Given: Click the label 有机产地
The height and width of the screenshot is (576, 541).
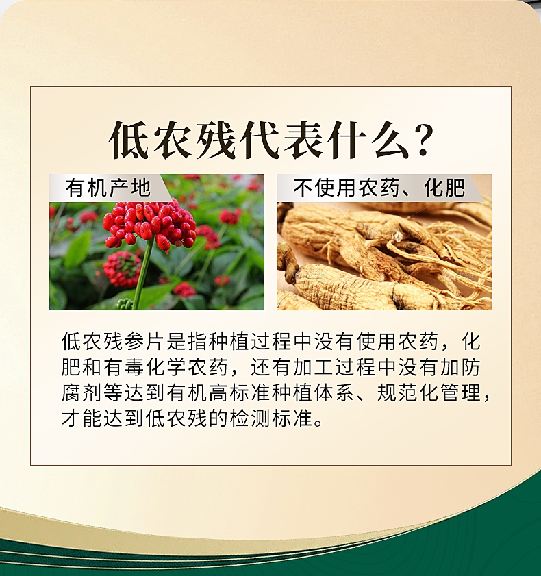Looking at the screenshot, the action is [108, 188].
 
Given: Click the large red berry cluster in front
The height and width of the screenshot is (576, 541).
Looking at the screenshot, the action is [150, 224].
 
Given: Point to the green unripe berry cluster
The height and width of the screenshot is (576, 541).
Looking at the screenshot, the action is [125, 304].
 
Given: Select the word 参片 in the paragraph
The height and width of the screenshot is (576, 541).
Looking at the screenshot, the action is [135, 341].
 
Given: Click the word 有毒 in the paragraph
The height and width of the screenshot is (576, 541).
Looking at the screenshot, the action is [125, 367].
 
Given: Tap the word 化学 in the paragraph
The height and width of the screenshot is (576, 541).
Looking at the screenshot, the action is [166, 367].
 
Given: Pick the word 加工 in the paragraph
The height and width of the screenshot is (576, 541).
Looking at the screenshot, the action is [314, 367].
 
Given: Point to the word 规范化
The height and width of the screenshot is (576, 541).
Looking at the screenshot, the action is [408, 392].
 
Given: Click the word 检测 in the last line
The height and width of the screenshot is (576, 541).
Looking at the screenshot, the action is [251, 418].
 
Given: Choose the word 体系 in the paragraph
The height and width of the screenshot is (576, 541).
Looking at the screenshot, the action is [335, 392].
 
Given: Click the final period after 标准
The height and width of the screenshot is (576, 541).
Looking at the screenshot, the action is [319, 423].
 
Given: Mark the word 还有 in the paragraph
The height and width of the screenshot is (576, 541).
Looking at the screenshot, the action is [272, 367].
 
